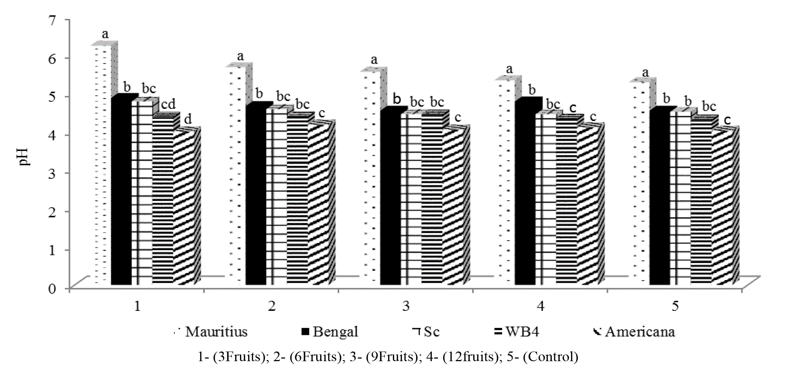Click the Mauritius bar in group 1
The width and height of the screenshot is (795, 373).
[x=102, y=167]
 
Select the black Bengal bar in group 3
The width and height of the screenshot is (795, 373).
[x=390, y=200]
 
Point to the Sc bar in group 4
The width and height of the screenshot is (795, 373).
[x=545, y=200]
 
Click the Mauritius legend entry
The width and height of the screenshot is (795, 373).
[x=211, y=332]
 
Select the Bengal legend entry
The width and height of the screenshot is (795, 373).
[x=330, y=332]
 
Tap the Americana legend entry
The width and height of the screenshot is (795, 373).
[x=635, y=332]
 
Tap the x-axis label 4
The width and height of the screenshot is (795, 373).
[x=541, y=307]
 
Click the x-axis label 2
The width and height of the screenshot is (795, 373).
[x=271, y=307]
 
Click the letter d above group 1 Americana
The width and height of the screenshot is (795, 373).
[x=188, y=120]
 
